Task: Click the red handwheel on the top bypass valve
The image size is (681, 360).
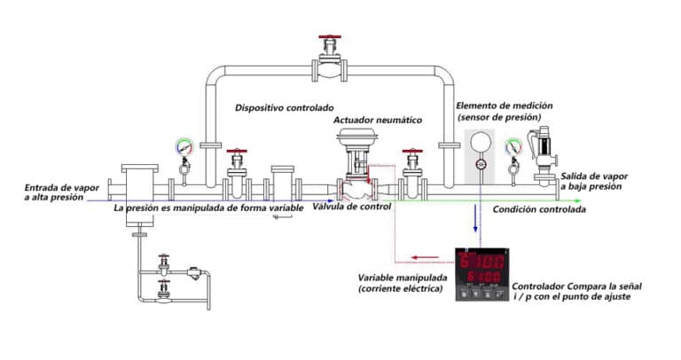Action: click(x=331, y=39)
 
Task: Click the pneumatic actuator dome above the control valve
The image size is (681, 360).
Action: click(x=355, y=137)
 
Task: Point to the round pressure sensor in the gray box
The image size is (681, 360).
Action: click(x=480, y=142)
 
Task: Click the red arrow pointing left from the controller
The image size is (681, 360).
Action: click(x=425, y=259)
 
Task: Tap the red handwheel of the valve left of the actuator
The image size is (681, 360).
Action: click(x=236, y=153)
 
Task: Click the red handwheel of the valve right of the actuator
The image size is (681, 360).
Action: click(x=411, y=153)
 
